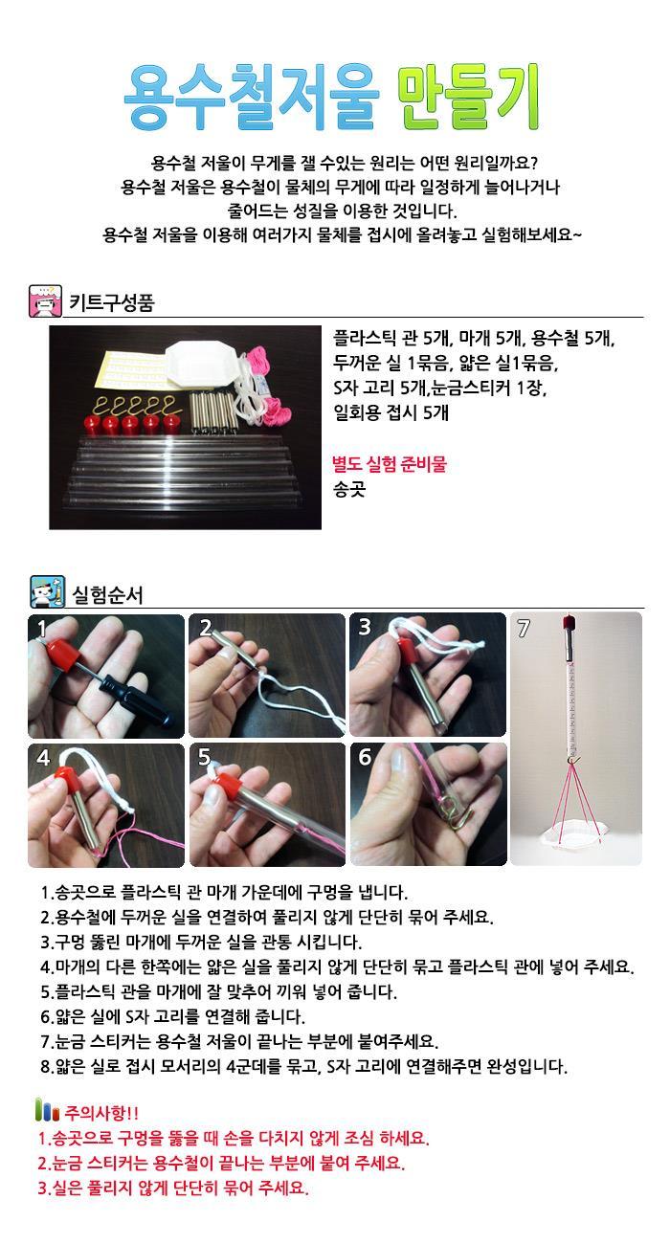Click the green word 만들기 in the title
point(469,97)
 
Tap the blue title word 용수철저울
point(251,97)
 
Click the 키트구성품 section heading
point(111,302)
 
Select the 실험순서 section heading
point(108,595)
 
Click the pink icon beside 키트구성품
point(45,301)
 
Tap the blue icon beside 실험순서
point(47,592)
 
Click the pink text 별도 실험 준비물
point(390,464)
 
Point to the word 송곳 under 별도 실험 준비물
point(349,489)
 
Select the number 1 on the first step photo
point(42,629)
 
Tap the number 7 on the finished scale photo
point(524,629)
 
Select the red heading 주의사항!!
point(101,1113)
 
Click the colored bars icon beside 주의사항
point(47,1110)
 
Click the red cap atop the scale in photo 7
point(569,623)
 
